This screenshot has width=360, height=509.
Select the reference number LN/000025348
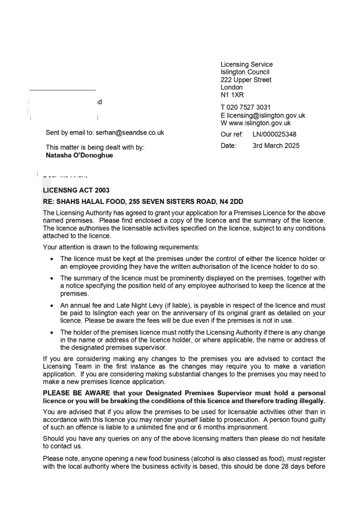coord(274,134)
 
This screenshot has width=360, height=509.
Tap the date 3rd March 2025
coord(276,146)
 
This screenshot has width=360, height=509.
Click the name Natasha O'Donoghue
coord(80,155)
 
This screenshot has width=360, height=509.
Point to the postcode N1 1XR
coord(232,95)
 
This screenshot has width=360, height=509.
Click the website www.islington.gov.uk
coord(259,123)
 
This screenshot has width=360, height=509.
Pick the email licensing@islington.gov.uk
coord(266,115)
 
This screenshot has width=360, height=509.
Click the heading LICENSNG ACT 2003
coord(76,190)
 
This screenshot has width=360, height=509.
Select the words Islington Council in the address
coord(245,72)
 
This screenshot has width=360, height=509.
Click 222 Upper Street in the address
coord(246,80)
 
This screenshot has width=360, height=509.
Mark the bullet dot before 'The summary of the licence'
coord(52,279)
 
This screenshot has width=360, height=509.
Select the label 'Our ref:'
coord(232,134)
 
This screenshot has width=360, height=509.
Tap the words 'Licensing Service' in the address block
coord(247,64)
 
